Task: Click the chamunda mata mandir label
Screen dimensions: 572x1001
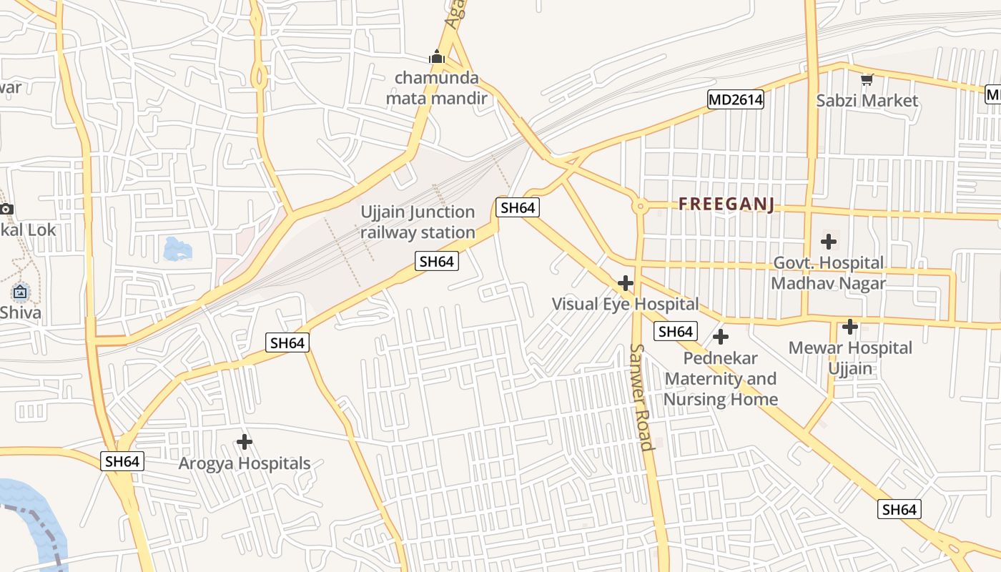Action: pos(436,88)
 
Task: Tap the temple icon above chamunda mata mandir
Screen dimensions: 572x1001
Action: pos(437,56)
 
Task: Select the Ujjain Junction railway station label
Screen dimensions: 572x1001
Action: pos(418,222)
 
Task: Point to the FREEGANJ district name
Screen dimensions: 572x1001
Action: pos(726,204)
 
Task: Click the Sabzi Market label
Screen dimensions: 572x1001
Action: pos(867,100)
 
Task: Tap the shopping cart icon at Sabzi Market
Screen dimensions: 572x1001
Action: pos(867,79)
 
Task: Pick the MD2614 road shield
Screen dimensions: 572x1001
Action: pos(736,100)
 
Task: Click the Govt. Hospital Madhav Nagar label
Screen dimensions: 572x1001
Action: pos(828,273)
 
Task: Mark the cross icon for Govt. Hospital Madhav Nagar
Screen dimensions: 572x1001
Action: pos(829,242)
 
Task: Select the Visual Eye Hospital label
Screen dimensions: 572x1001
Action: pos(625,304)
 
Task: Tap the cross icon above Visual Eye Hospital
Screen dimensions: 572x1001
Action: pos(626,283)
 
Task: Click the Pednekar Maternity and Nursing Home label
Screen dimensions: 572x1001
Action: pos(720,378)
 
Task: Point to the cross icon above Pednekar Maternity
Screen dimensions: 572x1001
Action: pos(721,336)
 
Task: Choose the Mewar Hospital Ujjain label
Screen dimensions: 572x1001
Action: pos(850,358)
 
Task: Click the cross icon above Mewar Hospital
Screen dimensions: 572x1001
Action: pos(850,327)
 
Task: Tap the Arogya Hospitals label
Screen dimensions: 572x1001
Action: pos(245,463)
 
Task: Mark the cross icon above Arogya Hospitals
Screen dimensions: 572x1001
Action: pos(245,442)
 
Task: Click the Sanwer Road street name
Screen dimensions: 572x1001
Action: pos(641,398)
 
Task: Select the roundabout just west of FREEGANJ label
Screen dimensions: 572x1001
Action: pos(640,207)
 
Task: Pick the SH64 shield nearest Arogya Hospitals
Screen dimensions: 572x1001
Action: pos(123,461)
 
